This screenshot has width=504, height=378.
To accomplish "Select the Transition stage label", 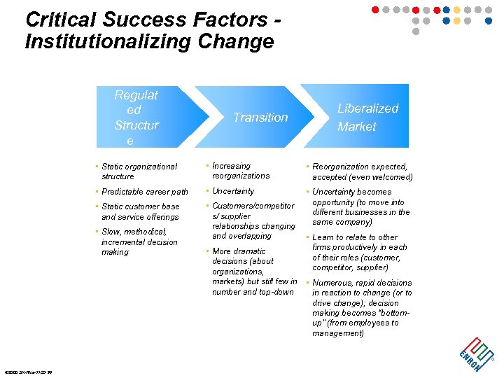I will click(260, 118).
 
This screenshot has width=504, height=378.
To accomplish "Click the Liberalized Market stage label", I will click(367, 118).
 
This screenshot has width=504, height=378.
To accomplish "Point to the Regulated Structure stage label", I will click(136, 118).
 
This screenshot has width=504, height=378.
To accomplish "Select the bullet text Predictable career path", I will click(145, 192).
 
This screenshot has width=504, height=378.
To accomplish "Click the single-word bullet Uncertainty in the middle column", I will click(233, 191).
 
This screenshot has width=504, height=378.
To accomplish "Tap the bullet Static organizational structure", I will click(139, 171).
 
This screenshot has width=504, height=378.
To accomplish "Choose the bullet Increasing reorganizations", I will click(240, 171).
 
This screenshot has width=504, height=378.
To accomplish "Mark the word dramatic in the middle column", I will click(248, 251).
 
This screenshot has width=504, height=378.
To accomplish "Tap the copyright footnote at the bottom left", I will click(27, 372).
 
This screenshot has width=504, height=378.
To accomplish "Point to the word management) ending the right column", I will click(338, 333).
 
